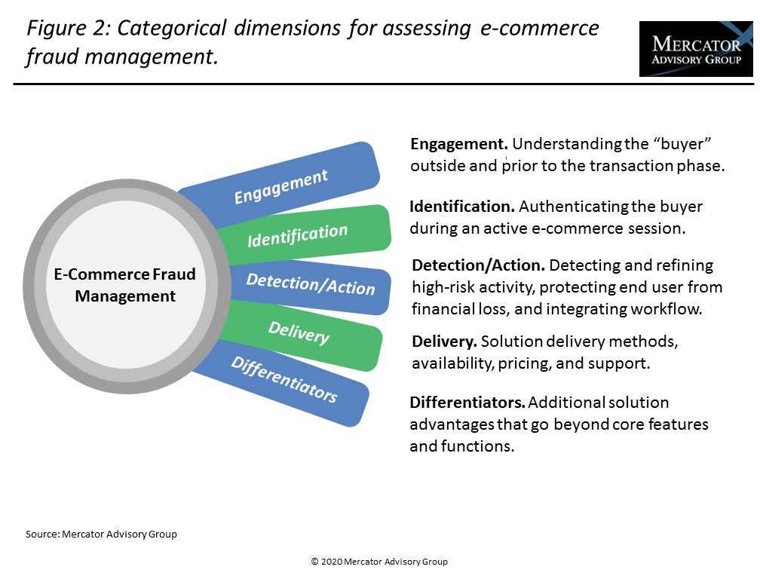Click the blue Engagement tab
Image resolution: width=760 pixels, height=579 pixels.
tap(280, 185)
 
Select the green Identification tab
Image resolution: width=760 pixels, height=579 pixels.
tap(297, 234)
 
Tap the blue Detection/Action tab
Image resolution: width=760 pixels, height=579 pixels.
tap(310, 284)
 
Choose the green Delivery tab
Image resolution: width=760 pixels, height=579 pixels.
tap(299, 332)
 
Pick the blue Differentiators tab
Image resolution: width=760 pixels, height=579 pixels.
tap(283, 379)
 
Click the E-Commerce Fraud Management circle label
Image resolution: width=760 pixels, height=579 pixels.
tap(125, 285)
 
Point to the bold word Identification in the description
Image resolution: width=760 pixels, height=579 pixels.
tap(461, 206)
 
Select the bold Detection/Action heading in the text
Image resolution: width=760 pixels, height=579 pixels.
tap(478, 265)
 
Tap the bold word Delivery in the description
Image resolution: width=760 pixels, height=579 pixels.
tap(444, 342)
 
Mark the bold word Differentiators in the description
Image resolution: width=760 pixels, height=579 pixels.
tap(467, 403)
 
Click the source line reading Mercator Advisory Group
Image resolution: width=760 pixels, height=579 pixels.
tap(101, 534)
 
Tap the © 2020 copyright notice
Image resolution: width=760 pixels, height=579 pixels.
tap(379, 562)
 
